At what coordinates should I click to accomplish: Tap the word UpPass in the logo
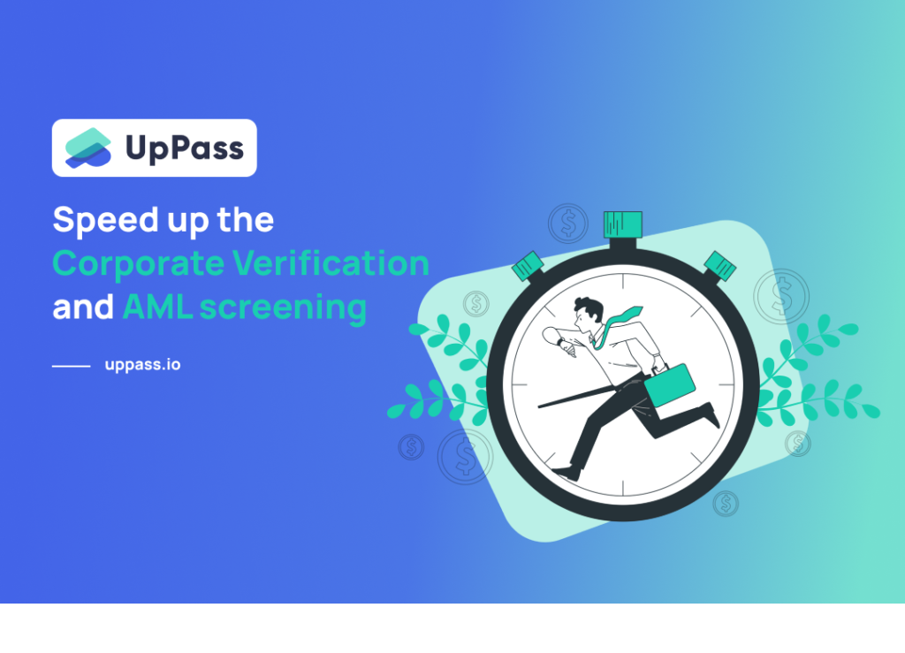[x=184, y=148]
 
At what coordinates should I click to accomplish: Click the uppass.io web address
[x=142, y=364]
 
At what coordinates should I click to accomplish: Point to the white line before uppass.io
[x=71, y=365]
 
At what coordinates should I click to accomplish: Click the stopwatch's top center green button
[x=622, y=224]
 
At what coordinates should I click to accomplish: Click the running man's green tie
[x=620, y=319]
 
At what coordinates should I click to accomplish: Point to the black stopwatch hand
[x=574, y=396]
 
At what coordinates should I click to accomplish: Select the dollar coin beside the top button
[x=567, y=223]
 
